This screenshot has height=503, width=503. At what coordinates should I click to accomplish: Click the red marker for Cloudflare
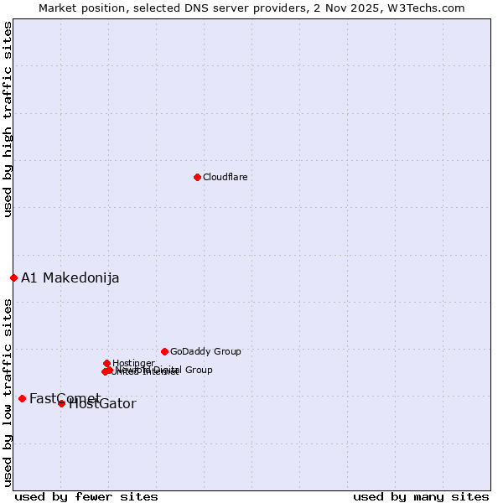point(197,177)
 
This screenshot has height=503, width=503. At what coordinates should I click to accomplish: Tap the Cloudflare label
point(225,178)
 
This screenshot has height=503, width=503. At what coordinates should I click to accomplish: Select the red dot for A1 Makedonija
point(13,277)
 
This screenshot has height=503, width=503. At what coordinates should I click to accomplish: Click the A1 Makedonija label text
point(70,278)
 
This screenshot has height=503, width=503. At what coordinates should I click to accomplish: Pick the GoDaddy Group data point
point(164,351)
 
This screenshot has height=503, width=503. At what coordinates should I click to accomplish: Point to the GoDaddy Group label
point(205,352)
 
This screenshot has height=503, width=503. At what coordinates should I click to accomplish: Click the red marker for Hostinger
point(106,363)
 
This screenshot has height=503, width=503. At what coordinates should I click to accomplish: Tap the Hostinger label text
point(133,363)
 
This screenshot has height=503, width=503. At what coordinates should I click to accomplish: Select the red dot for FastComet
point(22,398)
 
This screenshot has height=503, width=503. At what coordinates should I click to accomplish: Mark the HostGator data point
point(61,403)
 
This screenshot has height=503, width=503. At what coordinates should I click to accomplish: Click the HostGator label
point(102,404)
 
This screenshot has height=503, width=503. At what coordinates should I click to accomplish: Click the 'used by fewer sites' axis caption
point(86,496)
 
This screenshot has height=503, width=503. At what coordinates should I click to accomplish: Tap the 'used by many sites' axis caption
point(421,496)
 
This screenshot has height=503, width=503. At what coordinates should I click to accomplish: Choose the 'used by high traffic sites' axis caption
point(8,119)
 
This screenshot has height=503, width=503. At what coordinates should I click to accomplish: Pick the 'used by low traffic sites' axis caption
point(8,392)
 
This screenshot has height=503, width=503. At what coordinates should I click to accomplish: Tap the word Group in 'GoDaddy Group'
point(226,352)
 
